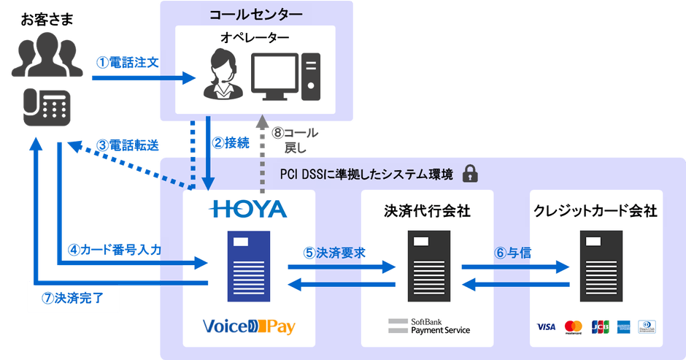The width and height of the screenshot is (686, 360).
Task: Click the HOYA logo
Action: pos(248,210)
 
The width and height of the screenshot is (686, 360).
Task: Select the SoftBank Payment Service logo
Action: pos(428,326)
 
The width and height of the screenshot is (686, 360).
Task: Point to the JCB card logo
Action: pos(600,326)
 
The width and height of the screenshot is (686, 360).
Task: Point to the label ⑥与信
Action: pos(512,253)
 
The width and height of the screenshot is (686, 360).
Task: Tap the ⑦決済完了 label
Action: pos(72,297)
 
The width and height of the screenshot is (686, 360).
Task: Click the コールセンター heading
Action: pos(255,14)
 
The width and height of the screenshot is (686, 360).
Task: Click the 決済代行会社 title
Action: pos(427,211)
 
